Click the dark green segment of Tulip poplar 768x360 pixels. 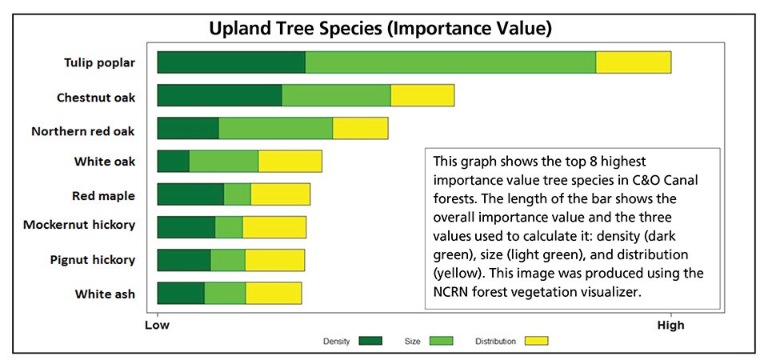[231, 62]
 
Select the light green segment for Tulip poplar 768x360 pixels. [450, 62]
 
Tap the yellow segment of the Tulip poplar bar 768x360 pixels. [633, 62]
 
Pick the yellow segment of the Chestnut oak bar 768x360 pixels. [422, 95]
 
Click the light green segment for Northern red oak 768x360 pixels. [275, 128]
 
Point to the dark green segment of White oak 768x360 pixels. [173, 161]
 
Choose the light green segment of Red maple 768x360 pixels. [237, 194]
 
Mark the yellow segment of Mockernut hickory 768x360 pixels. [274, 227]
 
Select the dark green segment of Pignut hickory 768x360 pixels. [183, 260]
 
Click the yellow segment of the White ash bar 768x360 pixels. [273, 293]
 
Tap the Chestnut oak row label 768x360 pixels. [95, 98]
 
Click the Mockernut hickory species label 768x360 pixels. [79, 225]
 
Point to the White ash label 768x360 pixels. [105, 294]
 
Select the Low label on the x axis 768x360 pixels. [157, 325]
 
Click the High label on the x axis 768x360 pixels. [670, 325]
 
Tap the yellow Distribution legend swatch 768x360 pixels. [536, 342]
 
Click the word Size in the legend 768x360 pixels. [412, 342]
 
